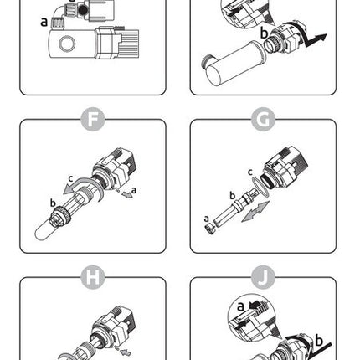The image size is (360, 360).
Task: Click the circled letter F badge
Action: point(93,119)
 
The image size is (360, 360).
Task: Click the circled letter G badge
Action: point(263,119)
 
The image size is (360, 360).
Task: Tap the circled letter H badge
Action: point(93,277)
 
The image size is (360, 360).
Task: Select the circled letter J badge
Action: point(263,277)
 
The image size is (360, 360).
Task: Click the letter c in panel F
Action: point(71,178)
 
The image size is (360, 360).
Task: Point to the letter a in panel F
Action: point(134,190)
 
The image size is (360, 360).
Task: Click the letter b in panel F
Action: point(53,203)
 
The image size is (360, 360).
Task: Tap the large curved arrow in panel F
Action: point(84,185)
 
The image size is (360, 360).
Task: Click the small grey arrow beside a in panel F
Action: point(127,194)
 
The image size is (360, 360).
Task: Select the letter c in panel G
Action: point(250,172)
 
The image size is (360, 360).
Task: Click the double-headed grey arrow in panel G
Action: point(255,212)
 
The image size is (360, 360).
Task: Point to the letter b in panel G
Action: point(233,196)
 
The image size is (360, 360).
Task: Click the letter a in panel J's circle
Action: point(240,306)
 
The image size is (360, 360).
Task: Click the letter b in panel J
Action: point(319,341)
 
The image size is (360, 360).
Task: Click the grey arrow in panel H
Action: point(126,352)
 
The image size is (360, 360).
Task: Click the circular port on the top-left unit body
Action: point(67,44)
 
